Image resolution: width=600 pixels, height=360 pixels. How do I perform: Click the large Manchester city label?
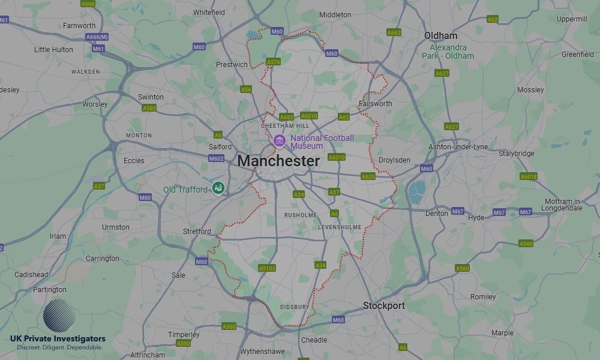point(278,161)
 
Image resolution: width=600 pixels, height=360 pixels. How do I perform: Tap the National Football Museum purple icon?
point(278,141)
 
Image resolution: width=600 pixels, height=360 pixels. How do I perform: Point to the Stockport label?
point(383,305)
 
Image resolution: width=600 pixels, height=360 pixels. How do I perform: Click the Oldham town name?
point(440,36)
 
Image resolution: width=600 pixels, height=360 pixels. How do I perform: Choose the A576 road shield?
point(274,62)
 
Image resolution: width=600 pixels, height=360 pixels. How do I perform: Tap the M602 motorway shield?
point(217,158)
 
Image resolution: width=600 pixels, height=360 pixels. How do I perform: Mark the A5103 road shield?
point(266,268)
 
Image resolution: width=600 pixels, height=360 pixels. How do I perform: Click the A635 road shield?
point(368,176)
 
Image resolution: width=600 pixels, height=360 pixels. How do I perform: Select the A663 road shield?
point(394,32)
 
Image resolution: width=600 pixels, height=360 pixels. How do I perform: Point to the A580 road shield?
point(149,108)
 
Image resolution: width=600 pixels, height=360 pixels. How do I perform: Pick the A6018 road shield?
point(529,176)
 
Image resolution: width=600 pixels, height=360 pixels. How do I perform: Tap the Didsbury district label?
point(295,307)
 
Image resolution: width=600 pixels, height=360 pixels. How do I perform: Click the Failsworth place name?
point(375,103)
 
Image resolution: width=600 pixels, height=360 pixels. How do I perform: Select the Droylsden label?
point(394,160)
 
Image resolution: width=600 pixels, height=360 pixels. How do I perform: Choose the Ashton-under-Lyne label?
point(458,147)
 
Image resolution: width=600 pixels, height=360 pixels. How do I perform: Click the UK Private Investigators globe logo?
point(59,316)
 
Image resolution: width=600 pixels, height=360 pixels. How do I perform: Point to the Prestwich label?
point(232,65)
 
